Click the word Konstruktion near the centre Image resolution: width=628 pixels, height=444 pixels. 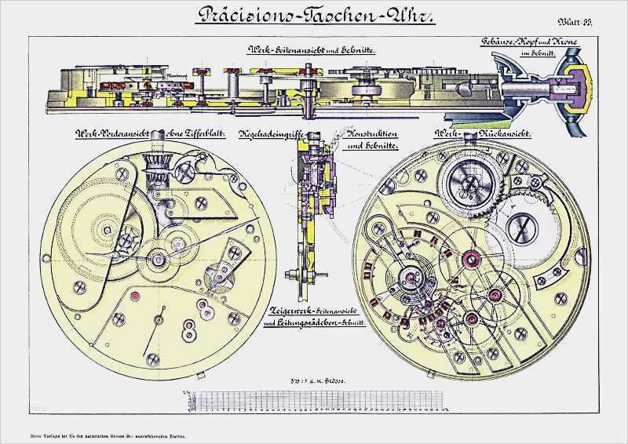[372, 135]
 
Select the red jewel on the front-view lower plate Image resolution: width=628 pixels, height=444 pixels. [133, 296]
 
